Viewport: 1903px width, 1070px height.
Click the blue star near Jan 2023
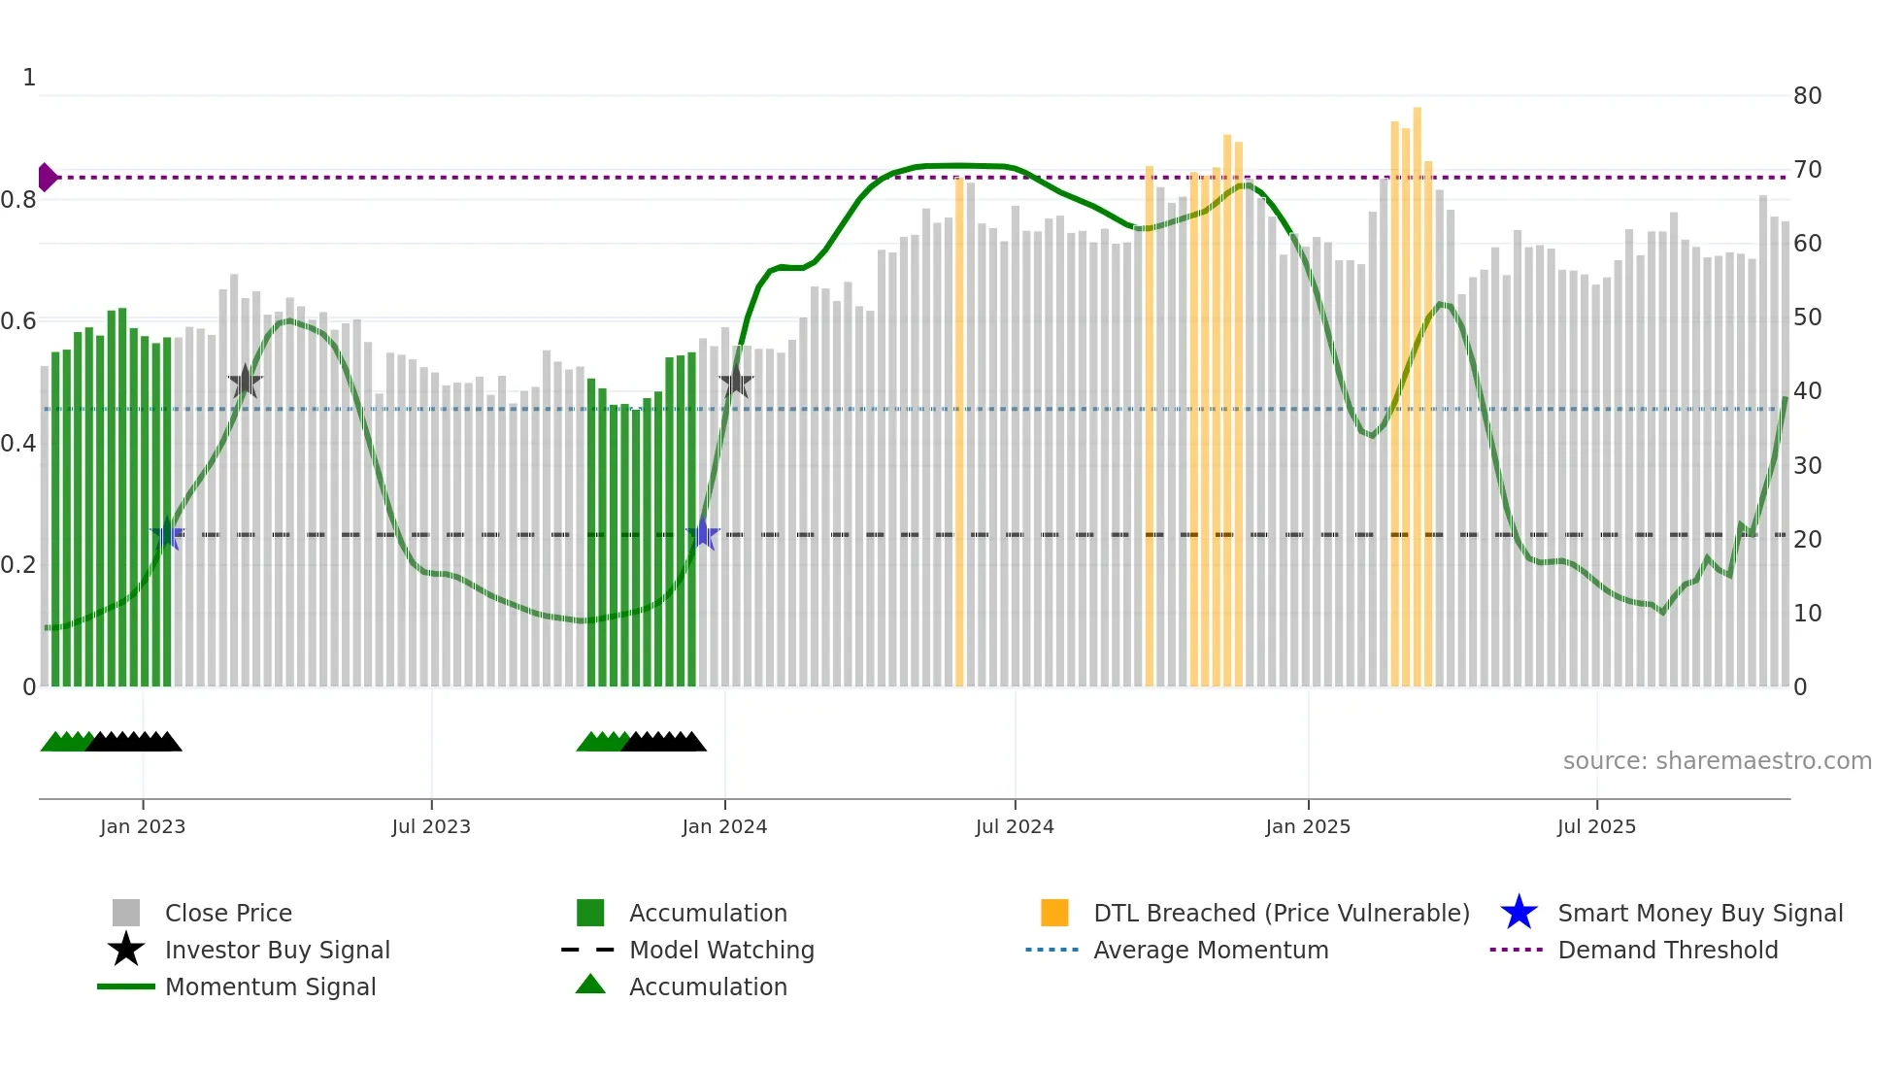[167, 534]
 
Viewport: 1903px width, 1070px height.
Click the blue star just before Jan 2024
[703, 534]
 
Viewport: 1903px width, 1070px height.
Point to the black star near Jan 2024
[736, 382]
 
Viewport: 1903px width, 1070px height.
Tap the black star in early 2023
[245, 382]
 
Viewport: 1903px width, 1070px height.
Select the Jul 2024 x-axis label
[1015, 826]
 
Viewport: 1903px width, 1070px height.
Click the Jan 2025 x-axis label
[1308, 826]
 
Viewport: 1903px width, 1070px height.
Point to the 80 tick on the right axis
[1807, 96]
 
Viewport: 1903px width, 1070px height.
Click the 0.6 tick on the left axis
[18, 321]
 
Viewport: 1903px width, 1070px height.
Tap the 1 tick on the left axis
[29, 78]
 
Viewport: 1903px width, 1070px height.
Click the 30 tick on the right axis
[1807, 466]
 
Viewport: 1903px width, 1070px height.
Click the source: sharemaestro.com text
[1717, 761]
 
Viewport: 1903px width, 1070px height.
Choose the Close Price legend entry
[228, 913]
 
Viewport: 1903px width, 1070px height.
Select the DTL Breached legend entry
[1281, 913]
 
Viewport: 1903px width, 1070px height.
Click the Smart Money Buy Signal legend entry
[1699, 913]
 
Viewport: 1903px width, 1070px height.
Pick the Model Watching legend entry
[720, 950]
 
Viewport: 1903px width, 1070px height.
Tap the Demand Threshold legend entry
[1667, 950]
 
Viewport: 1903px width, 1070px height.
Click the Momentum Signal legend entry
[270, 986]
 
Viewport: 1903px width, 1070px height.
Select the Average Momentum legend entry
[1210, 950]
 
